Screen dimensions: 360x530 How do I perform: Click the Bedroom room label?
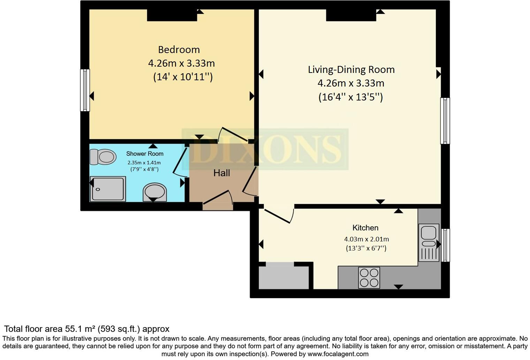[x=179, y=50]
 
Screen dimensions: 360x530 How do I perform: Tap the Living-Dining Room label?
[x=351, y=69]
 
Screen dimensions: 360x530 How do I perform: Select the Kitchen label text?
[x=365, y=228]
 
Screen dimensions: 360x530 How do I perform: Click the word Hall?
[x=222, y=173]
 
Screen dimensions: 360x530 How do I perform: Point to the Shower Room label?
[x=145, y=153]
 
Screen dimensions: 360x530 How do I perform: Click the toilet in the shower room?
[x=103, y=157]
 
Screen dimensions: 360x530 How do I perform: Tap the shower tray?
[x=108, y=189]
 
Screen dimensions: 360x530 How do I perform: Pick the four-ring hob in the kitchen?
[x=369, y=278]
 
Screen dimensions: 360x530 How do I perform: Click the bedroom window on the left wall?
[x=85, y=90]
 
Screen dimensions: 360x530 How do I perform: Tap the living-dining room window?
[x=445, y=121]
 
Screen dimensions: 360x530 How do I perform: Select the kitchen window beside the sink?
[x=445, y=245]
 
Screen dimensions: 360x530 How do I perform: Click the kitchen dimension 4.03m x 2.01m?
[x=366, y=239]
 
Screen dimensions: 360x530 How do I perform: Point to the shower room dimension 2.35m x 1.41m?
[x=144, y=163]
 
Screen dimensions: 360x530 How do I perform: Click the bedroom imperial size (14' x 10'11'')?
[x=183, y=77]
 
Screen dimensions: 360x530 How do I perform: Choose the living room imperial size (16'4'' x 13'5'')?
[x=351, y=97]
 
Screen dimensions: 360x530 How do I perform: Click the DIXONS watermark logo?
[x=265, y=149]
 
